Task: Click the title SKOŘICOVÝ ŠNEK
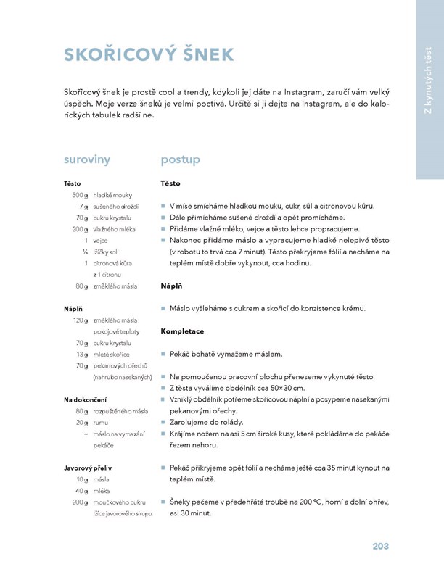tap(149, 55)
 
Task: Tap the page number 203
tap(384, 546)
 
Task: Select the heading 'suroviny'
tap(87, 159)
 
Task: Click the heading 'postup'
tap(180, 159)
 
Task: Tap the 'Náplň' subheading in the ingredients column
tap(73, 309)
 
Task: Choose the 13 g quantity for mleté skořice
tap(81, 354)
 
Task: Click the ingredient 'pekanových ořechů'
tap(120, 365)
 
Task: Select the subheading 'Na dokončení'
tap(86, 399)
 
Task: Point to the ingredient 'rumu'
tap(101, 422)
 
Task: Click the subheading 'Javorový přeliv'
tap(88, 468)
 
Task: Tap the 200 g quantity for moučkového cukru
tap(79, 502)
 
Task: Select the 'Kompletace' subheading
tap(182, 331)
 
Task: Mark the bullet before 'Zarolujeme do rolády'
tap(163, 422)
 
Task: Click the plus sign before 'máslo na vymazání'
tap(86, 434)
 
